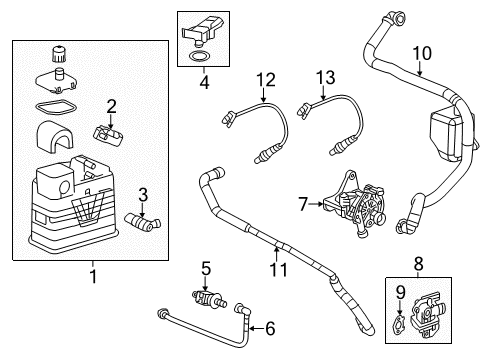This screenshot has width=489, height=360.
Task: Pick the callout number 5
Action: point(206,267)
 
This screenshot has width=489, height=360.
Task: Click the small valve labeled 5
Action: point(213,297)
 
